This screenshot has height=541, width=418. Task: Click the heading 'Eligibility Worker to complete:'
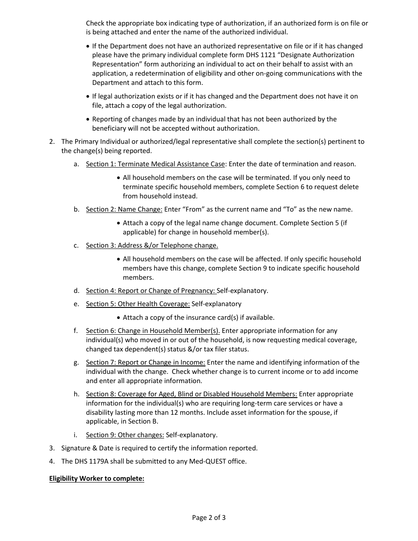click(96, 479)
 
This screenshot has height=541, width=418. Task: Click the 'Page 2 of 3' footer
click(209, 518)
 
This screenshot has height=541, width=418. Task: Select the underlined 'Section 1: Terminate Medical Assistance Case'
click(155, 164)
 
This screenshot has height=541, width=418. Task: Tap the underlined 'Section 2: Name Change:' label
click(124, 209)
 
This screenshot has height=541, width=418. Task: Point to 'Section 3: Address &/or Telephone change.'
click(152, 245)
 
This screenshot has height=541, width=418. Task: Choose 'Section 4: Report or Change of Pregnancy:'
click(151, 291)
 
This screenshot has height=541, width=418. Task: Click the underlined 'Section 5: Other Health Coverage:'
click(138, 304)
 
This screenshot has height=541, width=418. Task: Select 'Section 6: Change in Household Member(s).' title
click(153, 331)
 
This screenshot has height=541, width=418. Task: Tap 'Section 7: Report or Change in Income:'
click(145, 362)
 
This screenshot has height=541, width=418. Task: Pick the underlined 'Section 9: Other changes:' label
click(125, 435)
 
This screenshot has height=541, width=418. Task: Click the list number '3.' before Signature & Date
click(52, 448)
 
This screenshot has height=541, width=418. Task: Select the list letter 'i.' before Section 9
click(76, 435)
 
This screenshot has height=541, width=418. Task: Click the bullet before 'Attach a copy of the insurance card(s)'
click(119, 318)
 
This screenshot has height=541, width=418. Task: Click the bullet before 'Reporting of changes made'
click(88, 119)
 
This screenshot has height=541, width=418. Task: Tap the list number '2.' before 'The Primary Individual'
click(52, 142)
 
